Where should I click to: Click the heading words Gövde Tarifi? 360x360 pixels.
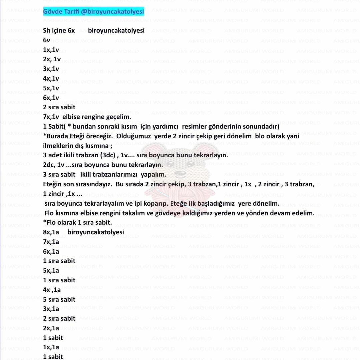(61, 12)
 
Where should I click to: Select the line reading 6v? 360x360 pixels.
(47, 40)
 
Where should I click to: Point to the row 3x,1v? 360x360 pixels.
(51, 69)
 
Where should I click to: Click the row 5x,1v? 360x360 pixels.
(51, 88)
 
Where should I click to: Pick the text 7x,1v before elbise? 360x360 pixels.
(51, 117)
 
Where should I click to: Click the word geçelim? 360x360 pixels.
(119, 117)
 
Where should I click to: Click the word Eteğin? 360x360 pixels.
(53, 185)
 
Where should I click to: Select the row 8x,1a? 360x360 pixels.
(51, 232)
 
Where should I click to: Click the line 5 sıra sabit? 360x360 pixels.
(59, 299)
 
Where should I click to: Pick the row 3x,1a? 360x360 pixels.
(51, 309)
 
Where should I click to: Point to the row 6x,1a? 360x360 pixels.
(51, 251)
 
